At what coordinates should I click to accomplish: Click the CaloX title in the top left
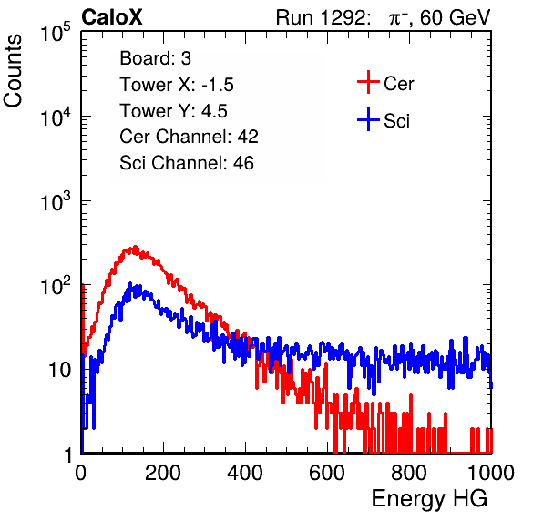[x=111, y=17]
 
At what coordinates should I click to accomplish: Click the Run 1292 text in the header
[x=321, y=17]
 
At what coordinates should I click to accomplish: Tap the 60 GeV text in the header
[x=455, y=17]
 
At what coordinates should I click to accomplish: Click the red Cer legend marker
[x=368, y=82]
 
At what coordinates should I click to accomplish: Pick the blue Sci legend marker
[x=368, y=119]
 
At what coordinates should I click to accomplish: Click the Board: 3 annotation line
[x=155, y=58]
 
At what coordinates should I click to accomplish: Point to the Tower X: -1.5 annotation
[x=177, y=85]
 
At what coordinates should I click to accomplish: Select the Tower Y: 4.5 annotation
[x=173, y=111]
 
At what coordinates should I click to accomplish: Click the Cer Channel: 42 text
[x=190, y=137]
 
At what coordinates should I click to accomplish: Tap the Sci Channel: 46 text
[x=187, y=163]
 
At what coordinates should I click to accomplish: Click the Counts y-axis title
[x=13, y=71]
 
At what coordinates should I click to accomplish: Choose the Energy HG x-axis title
[x=430, y=498]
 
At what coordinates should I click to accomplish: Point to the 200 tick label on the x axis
[x=163, y=473]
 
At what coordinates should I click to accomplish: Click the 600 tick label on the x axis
[x=327, y=473]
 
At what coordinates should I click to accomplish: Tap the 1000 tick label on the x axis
[x=491, y=473]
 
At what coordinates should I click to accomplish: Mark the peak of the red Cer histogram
[x=135, y=247]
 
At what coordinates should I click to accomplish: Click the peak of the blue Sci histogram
[x=130, y=283]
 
